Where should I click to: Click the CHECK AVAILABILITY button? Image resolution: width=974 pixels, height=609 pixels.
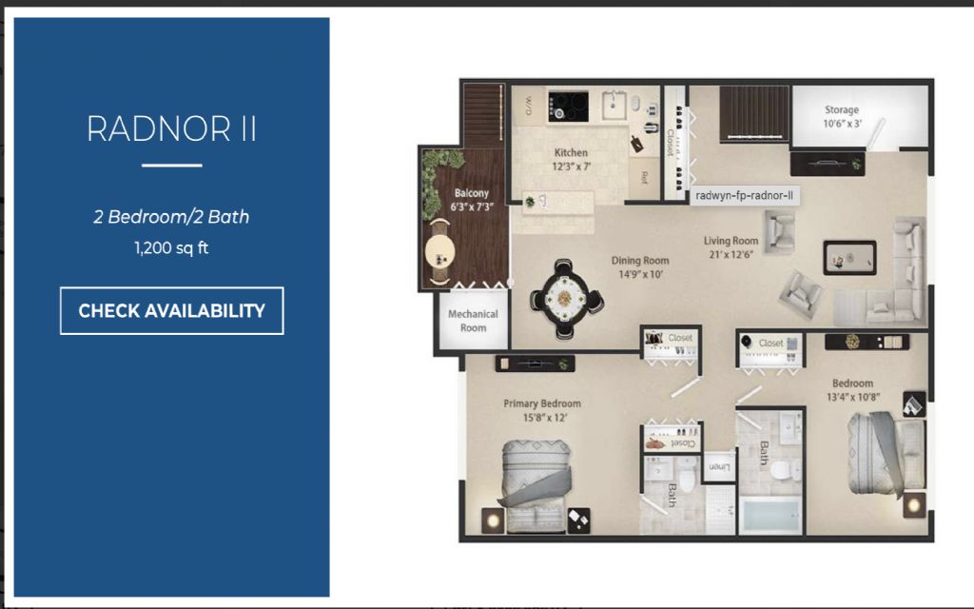[x=171, y=311]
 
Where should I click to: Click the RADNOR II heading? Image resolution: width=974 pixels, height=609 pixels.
[x=171, y=128]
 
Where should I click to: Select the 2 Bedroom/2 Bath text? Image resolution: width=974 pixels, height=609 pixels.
[x=171, y=217]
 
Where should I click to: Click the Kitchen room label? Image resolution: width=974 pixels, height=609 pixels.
[x=571, y=159]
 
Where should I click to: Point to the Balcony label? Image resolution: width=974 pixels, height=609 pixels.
[x=471, y=200]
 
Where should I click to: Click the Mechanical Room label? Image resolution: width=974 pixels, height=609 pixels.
[x=473, y=321]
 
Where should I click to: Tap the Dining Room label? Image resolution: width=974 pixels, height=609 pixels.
[x=639, y=266]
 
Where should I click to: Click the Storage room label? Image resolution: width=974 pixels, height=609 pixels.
[x=841, y=116]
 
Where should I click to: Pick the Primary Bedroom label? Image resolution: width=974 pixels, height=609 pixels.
[x=541, y=410]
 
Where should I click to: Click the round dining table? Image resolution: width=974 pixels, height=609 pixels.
[x=566, y=299]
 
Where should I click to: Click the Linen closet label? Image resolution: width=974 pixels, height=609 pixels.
[x=720, y=466]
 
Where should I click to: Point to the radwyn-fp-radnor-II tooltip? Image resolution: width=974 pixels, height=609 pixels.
[x=744, y=196]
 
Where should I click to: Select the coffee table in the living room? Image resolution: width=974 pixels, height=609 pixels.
[x=849, y=257]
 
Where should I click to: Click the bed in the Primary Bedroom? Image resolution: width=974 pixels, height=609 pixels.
[x=537, y=485]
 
